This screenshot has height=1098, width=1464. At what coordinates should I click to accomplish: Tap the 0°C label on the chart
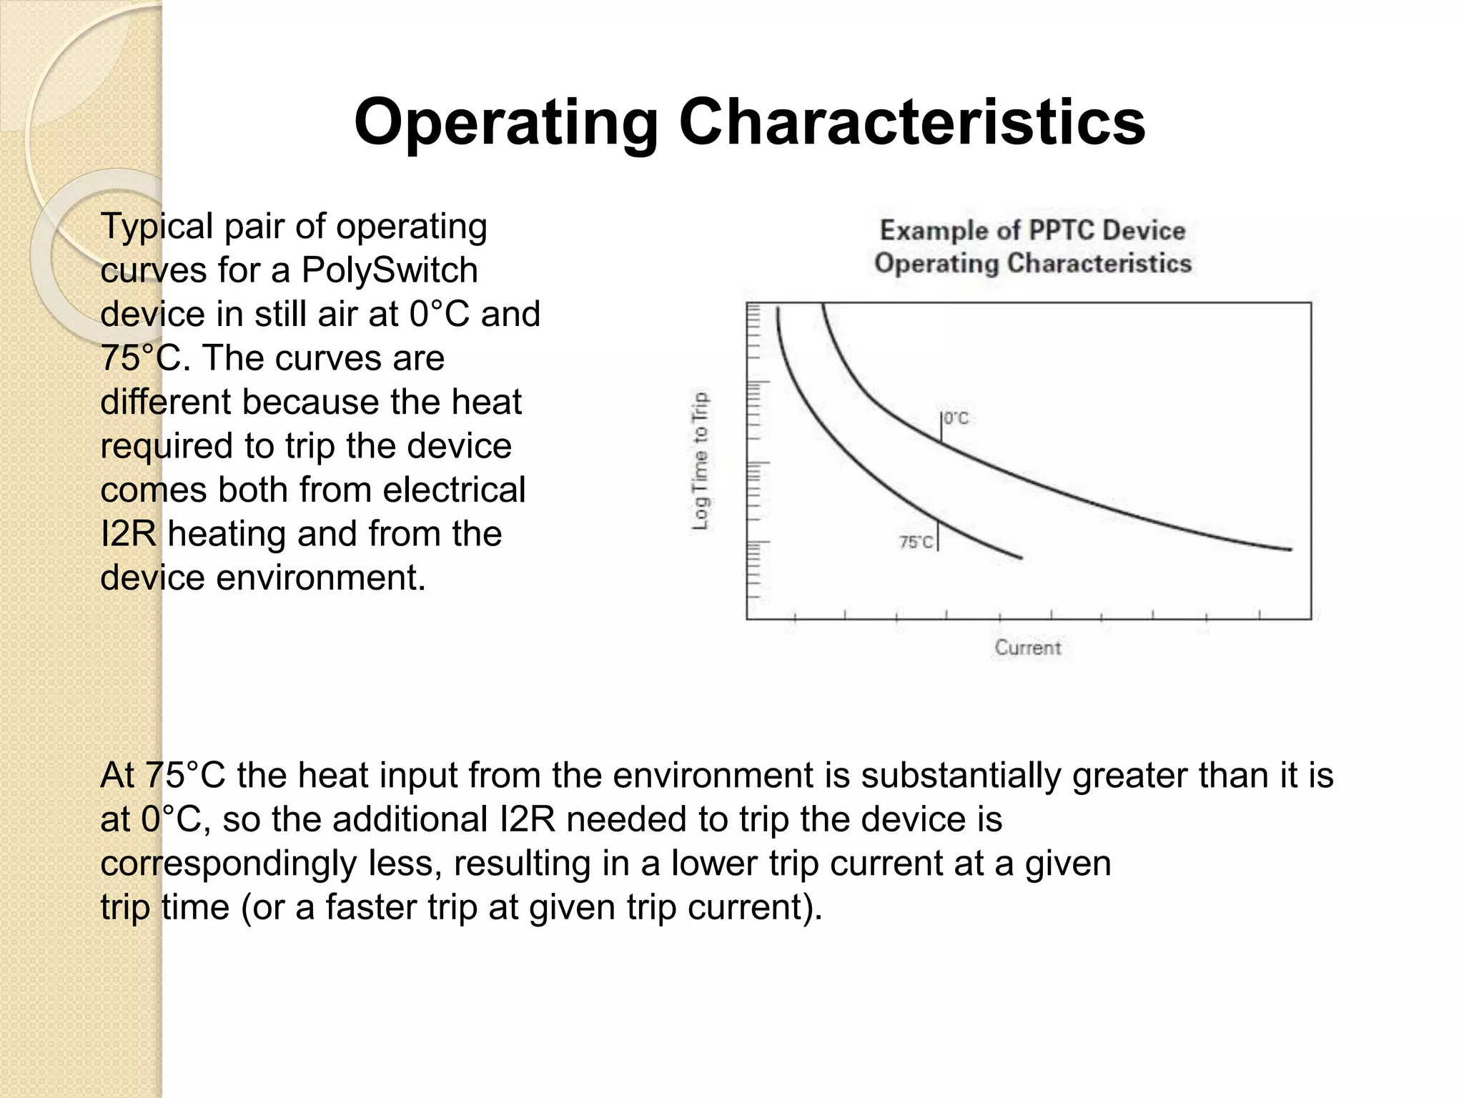[956, 418]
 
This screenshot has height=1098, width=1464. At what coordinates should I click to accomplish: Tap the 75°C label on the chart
[916, 543]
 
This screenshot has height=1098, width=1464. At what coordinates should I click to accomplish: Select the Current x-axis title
[1027, 648]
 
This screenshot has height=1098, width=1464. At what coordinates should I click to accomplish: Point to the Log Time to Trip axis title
[701, 461]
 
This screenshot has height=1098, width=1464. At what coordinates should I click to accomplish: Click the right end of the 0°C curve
[1290, 549]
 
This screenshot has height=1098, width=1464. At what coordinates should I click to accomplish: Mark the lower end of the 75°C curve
[1020, 558]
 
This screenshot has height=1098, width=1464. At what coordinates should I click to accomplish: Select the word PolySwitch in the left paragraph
[390, 270]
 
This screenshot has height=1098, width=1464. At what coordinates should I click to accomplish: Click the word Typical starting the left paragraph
[157, 227]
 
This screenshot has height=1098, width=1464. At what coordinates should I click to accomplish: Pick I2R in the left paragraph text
[128, 534]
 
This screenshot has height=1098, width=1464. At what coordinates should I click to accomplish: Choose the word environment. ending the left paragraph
[320, 578]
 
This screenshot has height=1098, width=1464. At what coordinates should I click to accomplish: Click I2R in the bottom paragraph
[527, 820]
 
